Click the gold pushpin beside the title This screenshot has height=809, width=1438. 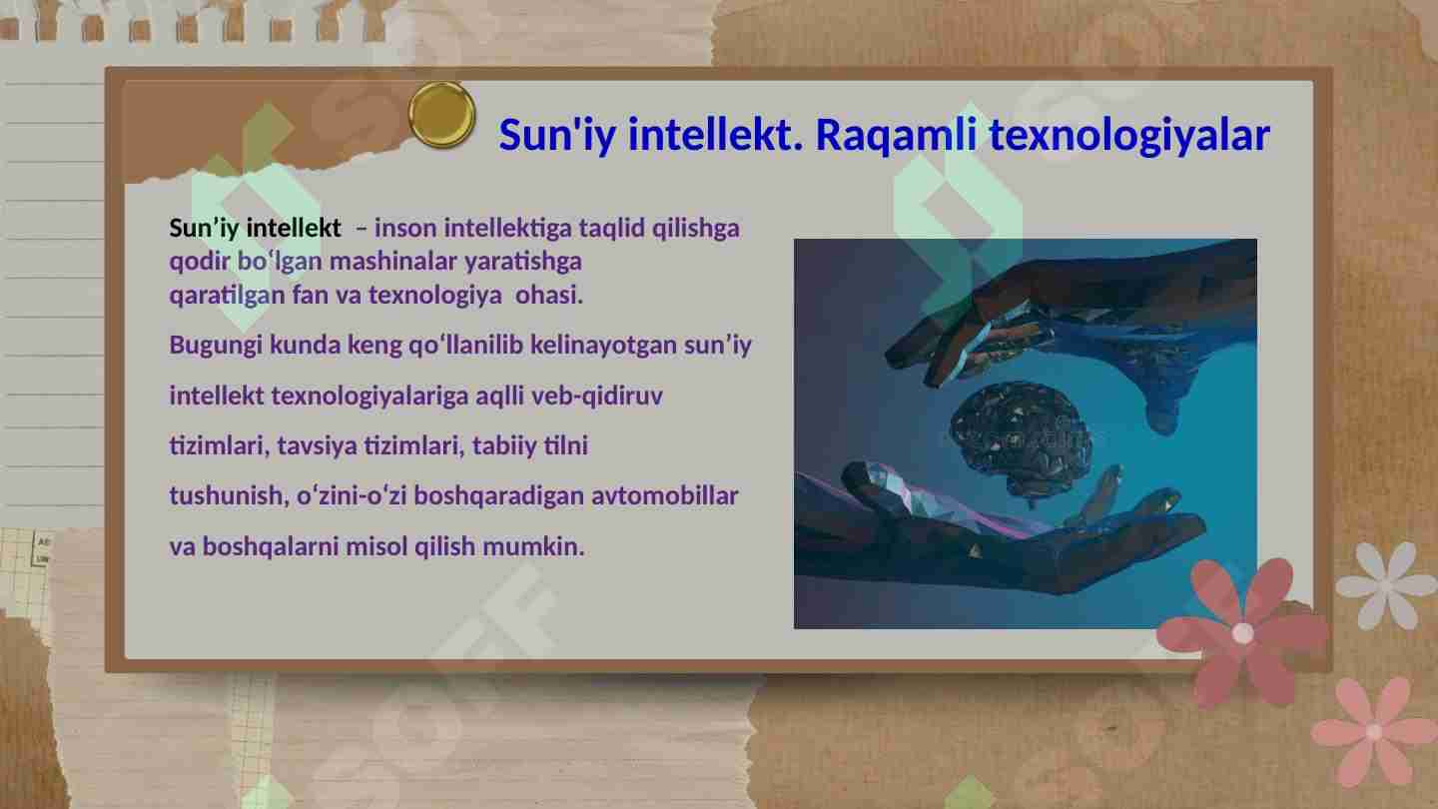(442, 115)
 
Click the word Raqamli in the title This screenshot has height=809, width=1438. (896, 135)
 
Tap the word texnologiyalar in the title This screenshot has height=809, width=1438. (1128, 135)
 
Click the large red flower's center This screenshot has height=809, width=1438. (1242, 633)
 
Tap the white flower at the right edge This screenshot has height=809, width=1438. (1388, 584)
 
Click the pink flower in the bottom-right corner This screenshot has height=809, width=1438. (1374, 731)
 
